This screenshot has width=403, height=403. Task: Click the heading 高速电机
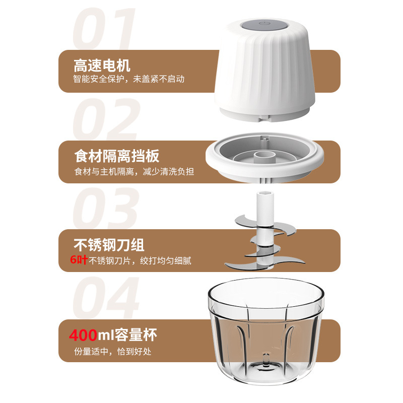tap(102, 65)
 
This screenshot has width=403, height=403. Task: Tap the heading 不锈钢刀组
tap(109, 245)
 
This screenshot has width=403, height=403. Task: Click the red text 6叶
tap(79, 260)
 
